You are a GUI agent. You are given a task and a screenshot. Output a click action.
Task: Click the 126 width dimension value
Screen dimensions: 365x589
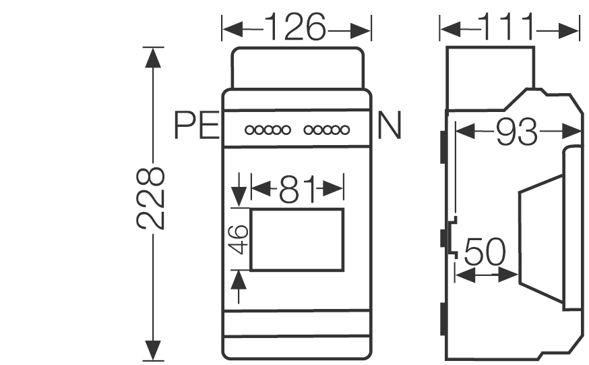pos(295,29)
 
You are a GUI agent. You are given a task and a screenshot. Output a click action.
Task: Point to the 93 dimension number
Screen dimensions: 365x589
pos(517,133)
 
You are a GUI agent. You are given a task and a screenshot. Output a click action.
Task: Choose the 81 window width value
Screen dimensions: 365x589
pos(297,190)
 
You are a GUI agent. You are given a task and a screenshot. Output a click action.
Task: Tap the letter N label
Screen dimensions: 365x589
pos(389,125)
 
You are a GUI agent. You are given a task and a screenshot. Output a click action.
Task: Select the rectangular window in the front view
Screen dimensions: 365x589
pos(297,240)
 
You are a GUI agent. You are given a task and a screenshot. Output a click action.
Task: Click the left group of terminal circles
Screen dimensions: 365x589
pos(268,129)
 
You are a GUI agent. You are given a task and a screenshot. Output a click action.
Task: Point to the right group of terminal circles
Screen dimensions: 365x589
pos(325,129)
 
